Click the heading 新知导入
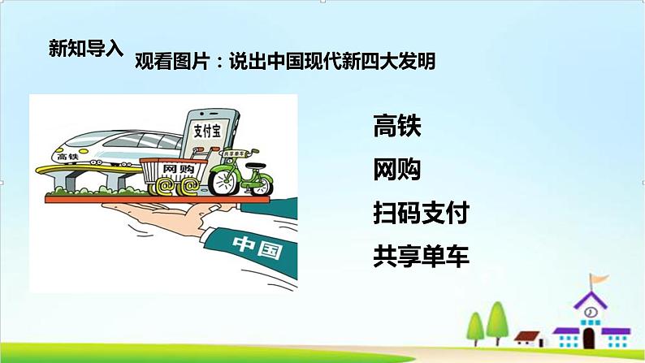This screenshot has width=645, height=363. coord(84,47)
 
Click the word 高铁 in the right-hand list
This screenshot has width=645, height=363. coord(397,127)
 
